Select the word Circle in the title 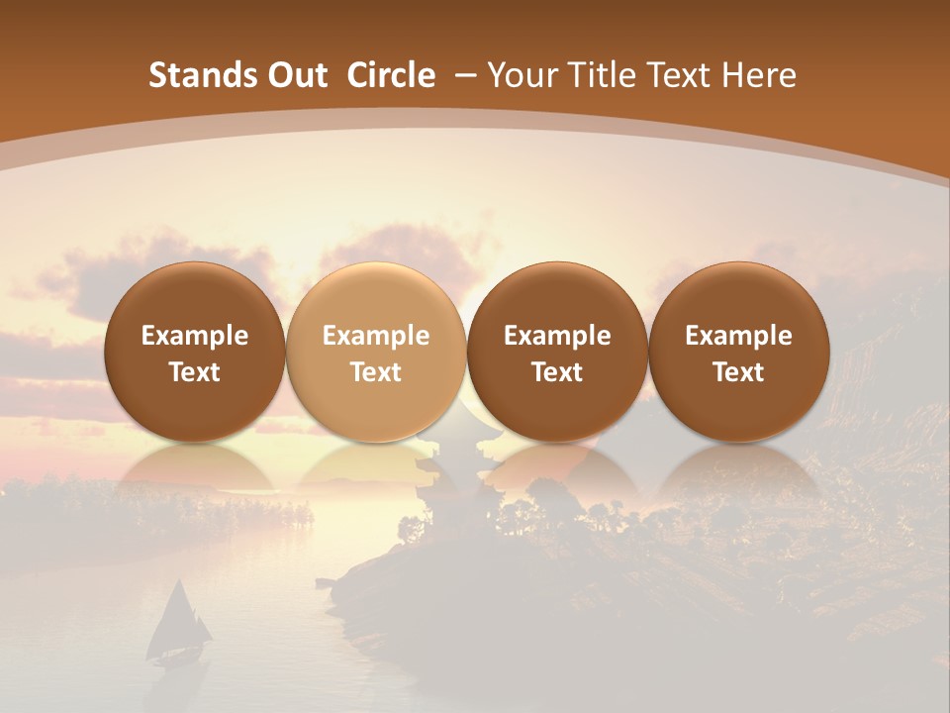391,75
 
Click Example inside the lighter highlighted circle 376,336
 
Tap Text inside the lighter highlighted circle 376,372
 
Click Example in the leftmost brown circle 195,336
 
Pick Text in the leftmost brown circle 195,372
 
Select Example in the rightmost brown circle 738,336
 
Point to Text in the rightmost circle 738,372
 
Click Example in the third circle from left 557,336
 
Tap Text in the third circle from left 557,372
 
